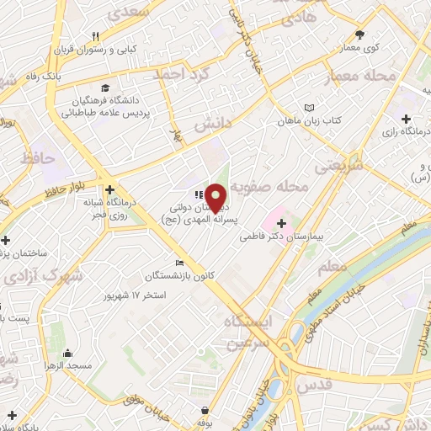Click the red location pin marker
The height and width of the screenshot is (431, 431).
coord(217,197)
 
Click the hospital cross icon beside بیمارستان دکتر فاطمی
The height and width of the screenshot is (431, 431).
coord(281,224)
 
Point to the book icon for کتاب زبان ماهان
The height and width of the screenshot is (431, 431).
coord(309,108)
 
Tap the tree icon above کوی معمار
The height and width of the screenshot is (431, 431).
coord(360,34)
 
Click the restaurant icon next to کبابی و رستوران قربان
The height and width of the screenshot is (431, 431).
coord(95,36)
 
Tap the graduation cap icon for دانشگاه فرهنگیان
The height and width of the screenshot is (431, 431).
coord(104,88)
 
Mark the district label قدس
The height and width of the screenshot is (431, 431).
coord(341,384)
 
